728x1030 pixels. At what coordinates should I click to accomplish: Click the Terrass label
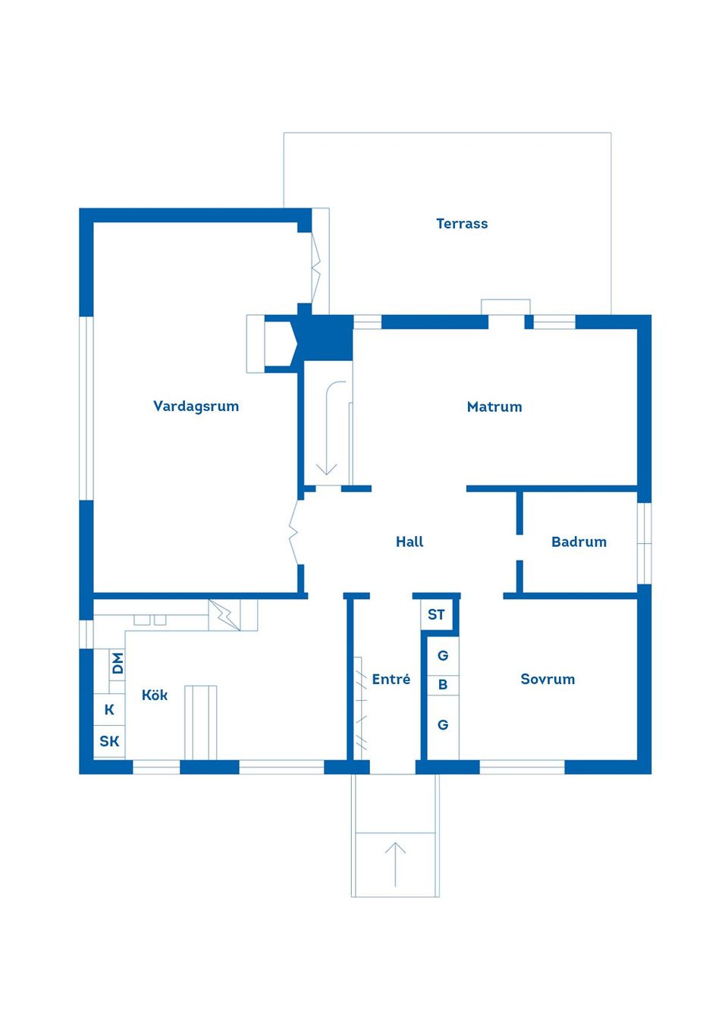(462, 224)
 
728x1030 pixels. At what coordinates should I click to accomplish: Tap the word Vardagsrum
(196, 407)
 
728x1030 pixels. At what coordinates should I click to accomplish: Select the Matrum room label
(494, 407)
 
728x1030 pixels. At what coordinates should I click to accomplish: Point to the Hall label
(409, 542)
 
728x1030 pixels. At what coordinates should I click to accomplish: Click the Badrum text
(579, 542)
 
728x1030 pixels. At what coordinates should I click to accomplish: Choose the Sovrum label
(548, 680)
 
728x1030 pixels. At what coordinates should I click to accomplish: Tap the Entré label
(391, 680)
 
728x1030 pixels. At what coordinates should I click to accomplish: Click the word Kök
(155, 696)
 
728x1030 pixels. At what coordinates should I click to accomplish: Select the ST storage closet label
(436, 615)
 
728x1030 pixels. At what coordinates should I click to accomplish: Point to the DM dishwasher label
(118, 664)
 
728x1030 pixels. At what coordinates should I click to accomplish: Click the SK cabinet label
(109, 742)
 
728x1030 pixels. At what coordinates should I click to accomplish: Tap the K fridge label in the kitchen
(109, 710)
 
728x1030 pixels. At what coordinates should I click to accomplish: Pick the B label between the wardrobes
(443, 685)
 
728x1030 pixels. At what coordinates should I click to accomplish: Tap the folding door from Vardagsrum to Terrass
(316, 265)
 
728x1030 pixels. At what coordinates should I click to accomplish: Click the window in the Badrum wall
(644, 543)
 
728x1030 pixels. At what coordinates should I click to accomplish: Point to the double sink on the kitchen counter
(150, 620)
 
